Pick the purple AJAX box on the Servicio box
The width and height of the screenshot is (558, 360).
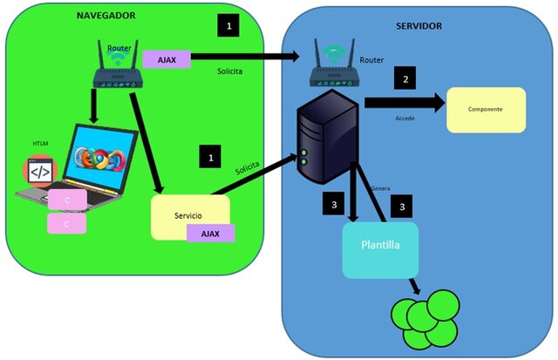(210, 233)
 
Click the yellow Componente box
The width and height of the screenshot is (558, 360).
(487, 110)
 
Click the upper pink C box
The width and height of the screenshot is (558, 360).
(68, 200)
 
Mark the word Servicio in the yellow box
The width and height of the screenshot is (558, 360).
(188, 215)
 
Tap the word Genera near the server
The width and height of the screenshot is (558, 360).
(381, 188)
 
